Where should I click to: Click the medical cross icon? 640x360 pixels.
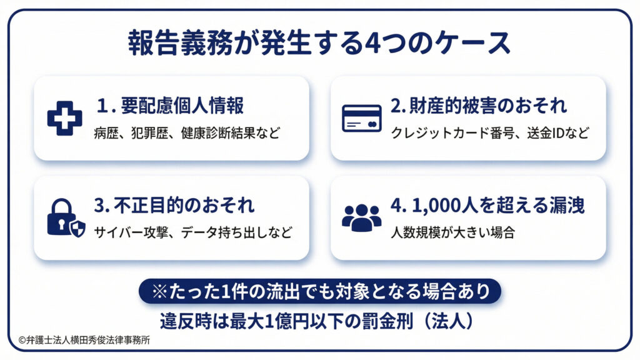click(64, 117)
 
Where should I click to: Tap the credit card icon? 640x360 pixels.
click(361, 117)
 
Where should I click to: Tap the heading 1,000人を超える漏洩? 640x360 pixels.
click(487, 206)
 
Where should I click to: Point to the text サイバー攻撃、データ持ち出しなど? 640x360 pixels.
click(192, 233)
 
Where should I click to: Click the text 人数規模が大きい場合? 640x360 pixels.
click(452, 233)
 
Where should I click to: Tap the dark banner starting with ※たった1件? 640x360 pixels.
click(320, 291)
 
